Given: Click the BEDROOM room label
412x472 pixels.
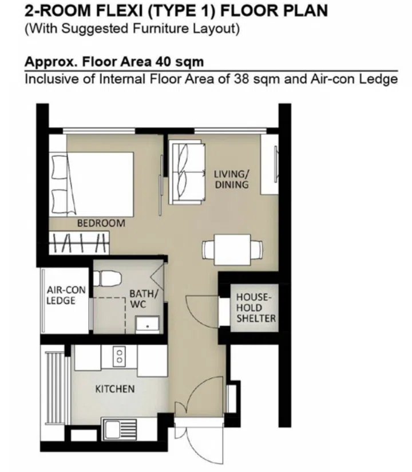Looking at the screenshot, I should point(101,223).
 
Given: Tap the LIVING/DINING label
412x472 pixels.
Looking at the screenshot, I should point(232,179).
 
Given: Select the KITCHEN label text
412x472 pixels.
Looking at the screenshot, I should point(114,389).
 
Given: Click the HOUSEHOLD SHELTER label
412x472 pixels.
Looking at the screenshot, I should point(256,308).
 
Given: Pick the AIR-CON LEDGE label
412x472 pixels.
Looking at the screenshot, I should point(65,295).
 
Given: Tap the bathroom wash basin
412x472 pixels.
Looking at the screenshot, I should point(148,324).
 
